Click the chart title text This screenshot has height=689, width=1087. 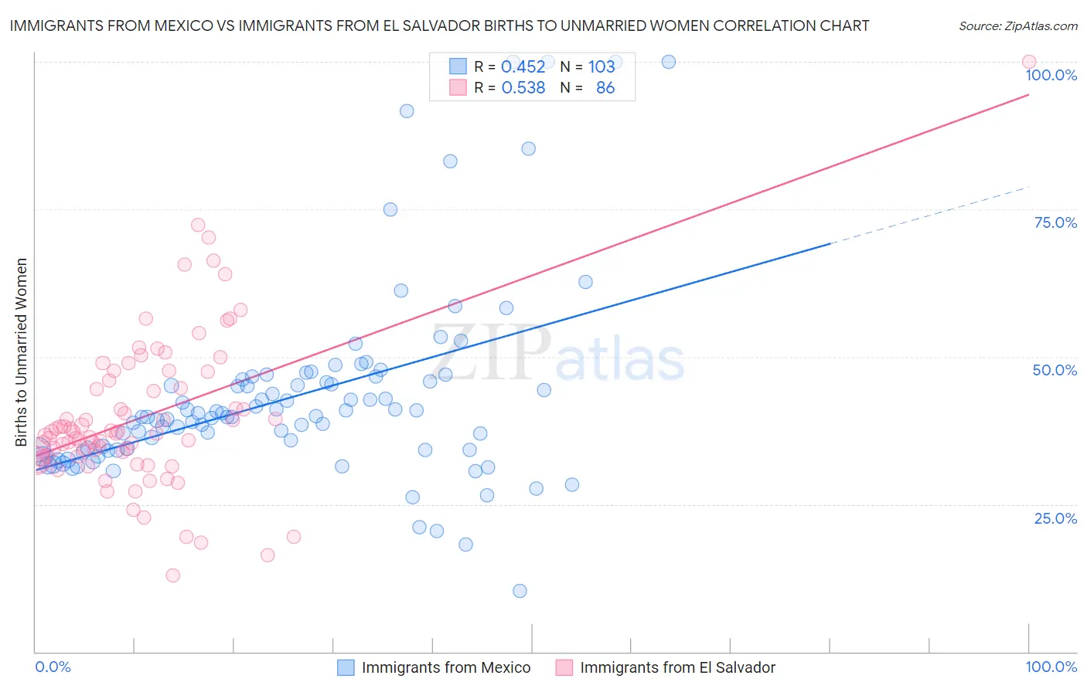439,25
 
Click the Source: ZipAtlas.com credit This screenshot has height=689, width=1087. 1017,25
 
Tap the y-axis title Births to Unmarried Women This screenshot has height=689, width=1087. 21,352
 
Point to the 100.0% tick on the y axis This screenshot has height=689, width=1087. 1051,75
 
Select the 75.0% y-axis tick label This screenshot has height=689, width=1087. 1055,222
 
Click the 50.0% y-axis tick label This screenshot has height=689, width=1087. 1055,370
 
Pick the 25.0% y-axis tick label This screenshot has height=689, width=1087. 1055,518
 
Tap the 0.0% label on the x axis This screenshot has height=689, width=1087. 53,667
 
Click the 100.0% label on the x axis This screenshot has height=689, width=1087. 1051,667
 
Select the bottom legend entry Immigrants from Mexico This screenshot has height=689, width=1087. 445,667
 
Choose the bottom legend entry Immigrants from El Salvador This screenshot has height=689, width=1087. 676,667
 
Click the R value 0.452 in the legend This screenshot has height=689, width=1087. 523,66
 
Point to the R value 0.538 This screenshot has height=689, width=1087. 523,88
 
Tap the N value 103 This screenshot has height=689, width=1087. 601,66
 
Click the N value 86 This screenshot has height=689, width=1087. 605,88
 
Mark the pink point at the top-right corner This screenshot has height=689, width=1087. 1028,62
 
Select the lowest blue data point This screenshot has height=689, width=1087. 520,591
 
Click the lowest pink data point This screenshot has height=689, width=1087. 173,575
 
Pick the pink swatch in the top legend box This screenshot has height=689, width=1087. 458,88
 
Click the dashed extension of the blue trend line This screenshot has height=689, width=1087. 928,215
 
